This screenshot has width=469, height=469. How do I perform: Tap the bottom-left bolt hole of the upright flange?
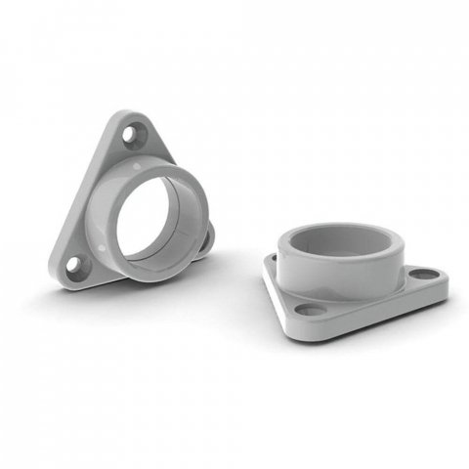[76, 265]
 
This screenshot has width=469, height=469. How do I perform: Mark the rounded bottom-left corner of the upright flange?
[61, 277]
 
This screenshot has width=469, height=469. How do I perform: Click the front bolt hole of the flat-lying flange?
[312, 311]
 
